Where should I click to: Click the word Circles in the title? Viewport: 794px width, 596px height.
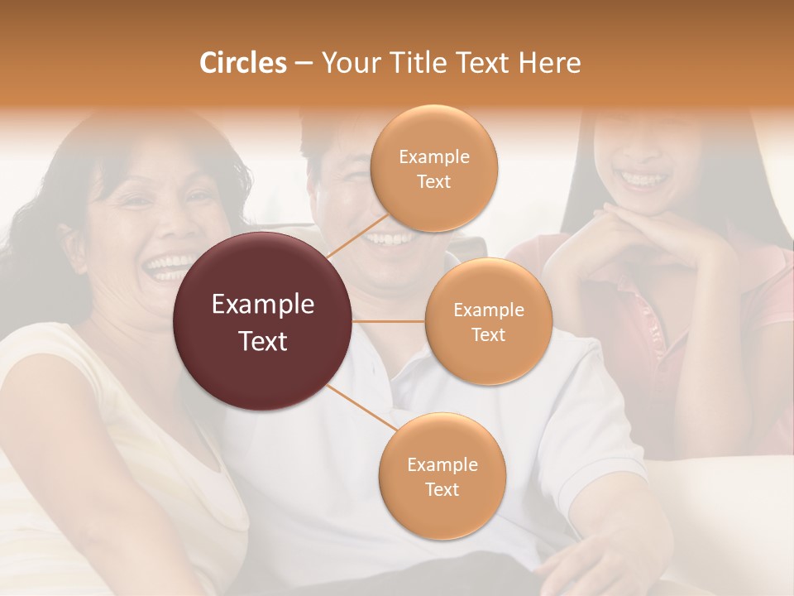pos(242,63)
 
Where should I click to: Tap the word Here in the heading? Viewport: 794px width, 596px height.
pos(550,63)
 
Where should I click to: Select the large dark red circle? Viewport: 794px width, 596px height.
pos(263,321)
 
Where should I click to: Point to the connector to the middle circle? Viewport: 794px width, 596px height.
pos(389,320)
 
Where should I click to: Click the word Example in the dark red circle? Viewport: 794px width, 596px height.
pos(263,305)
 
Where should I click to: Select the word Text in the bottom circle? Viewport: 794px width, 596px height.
pos(442,489)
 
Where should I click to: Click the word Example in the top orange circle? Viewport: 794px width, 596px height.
pos(434,157)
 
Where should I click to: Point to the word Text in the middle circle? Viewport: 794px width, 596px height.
pos(488,334)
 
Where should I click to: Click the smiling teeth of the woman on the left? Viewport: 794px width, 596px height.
pos(169,267)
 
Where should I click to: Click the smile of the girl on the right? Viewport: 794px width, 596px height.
pos(643,178)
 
